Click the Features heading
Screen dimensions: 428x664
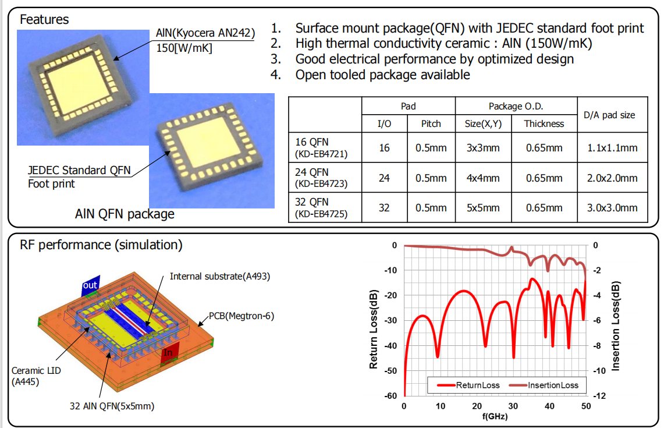tap(44, 19)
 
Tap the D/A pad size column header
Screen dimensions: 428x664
tap(609, 115)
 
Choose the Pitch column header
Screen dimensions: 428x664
tap(431, 123)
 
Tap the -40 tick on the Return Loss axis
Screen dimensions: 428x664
tap(390, 345)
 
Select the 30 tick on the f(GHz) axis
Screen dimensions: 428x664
tap(513, 406)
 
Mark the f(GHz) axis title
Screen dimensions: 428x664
tap(495, 416)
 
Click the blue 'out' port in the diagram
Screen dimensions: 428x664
tap(90, 285)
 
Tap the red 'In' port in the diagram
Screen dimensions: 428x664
tap(168, 352)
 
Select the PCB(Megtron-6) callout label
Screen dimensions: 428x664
tap(242, 316)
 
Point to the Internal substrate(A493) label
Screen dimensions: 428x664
tap(220, 275)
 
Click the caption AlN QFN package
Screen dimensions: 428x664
tap(125, 214)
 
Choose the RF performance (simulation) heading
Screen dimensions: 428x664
tap(101, 245)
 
